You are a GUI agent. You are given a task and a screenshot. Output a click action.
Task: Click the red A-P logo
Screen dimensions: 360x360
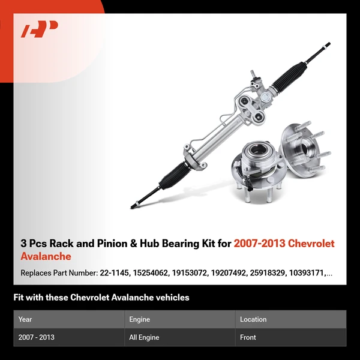coord(39,29)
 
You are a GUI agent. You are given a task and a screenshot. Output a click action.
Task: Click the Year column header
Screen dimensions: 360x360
coord(25,319)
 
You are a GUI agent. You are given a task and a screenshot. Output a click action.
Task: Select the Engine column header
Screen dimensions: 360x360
coord(139,319)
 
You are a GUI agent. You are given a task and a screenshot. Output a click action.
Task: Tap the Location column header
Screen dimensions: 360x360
coord(253,319)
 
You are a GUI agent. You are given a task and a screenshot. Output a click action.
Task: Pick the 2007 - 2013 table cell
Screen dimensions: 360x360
coord(36,337)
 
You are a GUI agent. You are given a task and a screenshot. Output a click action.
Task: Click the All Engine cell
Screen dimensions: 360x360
coord(144,337)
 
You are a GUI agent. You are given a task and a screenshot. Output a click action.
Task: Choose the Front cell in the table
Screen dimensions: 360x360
coord(248,337)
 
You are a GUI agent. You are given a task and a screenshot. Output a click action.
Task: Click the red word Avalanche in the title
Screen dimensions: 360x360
coord(46,257)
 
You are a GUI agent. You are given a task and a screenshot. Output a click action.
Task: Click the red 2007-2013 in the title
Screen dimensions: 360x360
coord(259,244)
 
